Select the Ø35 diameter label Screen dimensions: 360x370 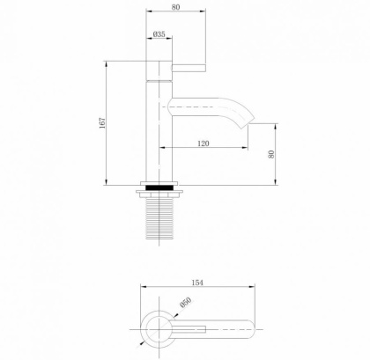point(159,34)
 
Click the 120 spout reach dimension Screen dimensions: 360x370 point(203,143)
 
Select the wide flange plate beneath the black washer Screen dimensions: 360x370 point(159,194)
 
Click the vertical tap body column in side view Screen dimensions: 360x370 point(159,132)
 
